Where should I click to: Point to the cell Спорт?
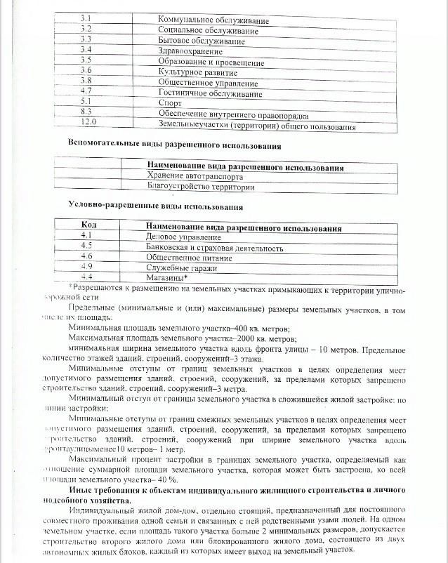pos(171,102)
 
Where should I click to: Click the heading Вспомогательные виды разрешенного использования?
pos(175,145)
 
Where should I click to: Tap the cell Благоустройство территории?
pos(200,187)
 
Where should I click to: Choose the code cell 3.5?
pos(86,60)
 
